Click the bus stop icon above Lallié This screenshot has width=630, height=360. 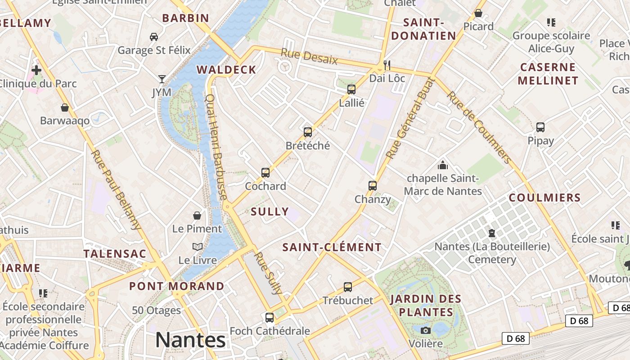(x=351, y=89)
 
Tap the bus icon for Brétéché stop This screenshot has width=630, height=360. (x=308, y=132)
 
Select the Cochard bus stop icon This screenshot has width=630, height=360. (x=265, y=172)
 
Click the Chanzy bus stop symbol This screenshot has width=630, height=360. (x=372, y=185)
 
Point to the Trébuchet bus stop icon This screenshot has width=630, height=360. (x=347, y=287)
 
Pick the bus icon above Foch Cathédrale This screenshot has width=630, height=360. (x=270, y=317)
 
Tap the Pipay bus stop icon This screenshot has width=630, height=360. (x=540, y=127)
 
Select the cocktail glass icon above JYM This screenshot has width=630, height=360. (x=162, y=79)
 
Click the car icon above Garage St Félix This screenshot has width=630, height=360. (x=154, y=36)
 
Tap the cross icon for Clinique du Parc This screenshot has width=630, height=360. (x=36, y=70)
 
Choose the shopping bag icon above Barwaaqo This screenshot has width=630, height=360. (x=65, y=107)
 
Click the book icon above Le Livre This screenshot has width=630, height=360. (x=197, y=247)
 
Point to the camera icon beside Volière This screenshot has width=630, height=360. (x=425, y=330)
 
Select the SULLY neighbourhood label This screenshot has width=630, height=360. (x=270, y=211)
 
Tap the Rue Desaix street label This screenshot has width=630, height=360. (x=309, y=56)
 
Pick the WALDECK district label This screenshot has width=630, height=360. (x=226, y=70)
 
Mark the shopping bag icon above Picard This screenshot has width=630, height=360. (x=478, y=13)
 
